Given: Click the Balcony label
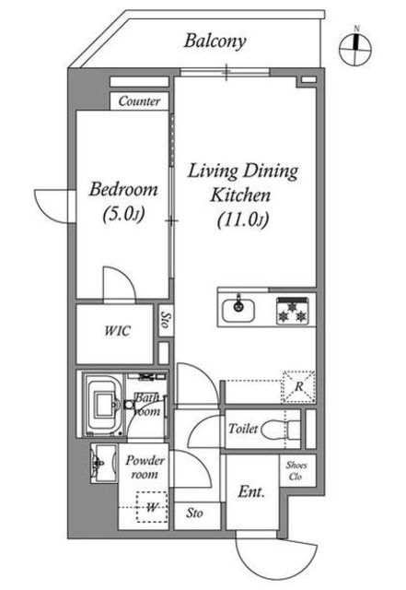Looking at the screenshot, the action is (x=215, y=41).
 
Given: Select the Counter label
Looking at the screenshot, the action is (x=139, y=101).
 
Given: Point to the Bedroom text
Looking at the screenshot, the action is (x=123, y=189).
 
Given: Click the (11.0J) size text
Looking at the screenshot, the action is (x=243, y=219).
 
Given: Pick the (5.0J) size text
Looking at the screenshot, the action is (x=123, y=215).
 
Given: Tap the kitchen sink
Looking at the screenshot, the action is (x=238, y=310).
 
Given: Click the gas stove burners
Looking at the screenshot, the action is (x=292, y=311).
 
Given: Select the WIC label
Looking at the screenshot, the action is (x=117, y=331).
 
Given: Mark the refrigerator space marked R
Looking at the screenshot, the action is (x=299, y=386).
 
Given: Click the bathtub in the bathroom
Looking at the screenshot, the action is (x=103, y=405).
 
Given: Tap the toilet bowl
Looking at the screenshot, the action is (x=280, y=430).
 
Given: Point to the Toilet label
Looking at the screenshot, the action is (x=243, y=429).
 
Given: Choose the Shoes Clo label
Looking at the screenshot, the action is (x=296, y=471).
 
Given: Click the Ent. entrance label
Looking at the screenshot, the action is (x=251, y=491).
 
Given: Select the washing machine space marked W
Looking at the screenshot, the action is (x=152, y=507).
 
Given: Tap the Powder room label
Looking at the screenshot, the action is (x=145, y=467).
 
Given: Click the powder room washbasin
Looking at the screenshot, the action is (x=103, y=463).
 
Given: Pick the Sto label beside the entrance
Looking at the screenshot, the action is (x=194, y=513).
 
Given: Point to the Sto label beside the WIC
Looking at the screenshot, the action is (x=165, y=320).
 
